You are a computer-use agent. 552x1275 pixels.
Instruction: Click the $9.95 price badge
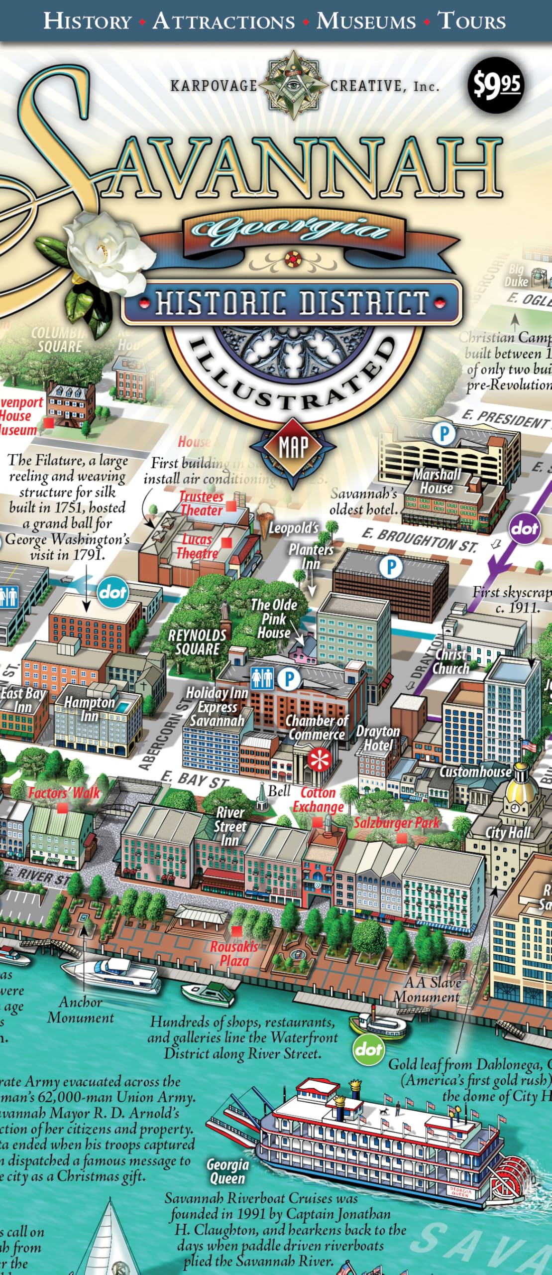(495, 85)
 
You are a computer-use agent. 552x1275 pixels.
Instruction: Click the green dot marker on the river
(369, 1048)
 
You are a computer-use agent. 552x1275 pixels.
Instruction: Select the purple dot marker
(525, 528)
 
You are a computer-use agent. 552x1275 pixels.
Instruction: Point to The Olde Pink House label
(273, 619)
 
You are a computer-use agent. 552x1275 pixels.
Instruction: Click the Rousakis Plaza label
(234, 953)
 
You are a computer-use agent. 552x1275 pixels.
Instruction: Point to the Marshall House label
(437, 481)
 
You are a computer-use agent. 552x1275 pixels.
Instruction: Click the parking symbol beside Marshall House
(443, 434)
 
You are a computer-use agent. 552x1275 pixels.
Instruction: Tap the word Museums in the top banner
(366, 21)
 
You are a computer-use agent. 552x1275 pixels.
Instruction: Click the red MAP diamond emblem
(293, 446)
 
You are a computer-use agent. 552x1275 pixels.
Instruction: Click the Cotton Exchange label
(318, 799)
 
